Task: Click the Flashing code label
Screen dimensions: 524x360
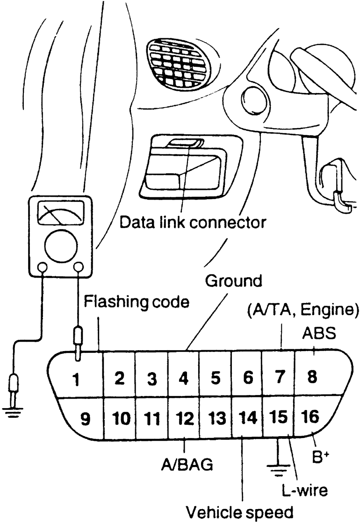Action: coord(137,303)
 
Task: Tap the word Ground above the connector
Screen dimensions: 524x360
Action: coord(234,281)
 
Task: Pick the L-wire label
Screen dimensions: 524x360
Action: coord(305,489)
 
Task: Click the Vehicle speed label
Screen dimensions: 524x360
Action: coord(240,512)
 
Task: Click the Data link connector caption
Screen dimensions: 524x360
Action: coord(192,222)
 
